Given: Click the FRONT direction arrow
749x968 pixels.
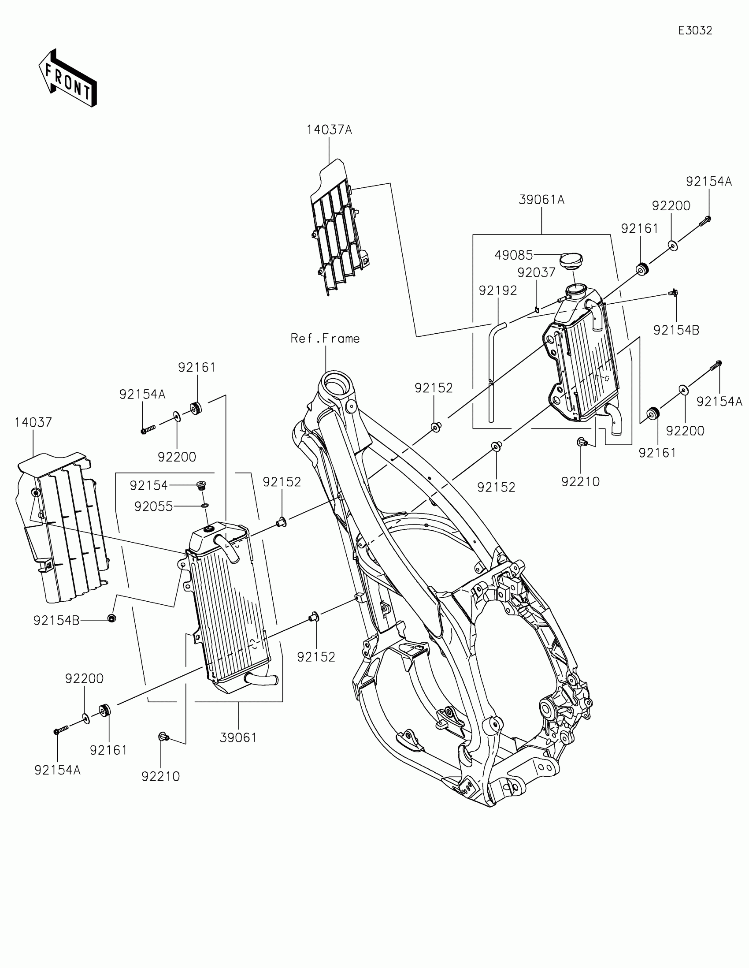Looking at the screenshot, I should pyautogui.click(x=67, y=78).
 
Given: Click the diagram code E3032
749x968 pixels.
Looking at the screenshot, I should pyautogui.click(x=695, y=30).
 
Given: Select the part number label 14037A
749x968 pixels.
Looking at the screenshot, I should pyautogui.click(x=329, y=130).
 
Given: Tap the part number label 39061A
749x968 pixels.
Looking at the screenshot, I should pyautogui.click(x=541, y=200).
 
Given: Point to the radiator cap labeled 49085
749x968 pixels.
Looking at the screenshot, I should pyautogui.click(x=571, y=260).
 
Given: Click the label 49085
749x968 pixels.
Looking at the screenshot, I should pyautogui.click(x=513, y=255).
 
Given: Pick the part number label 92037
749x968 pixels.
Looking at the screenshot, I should pyautogui.click(x=536, y=272).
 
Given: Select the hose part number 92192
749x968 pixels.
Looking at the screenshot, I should pyautogui.click(x=498, y=290).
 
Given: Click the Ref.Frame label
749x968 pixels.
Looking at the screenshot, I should pyautogui.click(x=325, y=339).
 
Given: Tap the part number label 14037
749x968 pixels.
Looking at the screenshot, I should pyautogui.click(x=33, y=422).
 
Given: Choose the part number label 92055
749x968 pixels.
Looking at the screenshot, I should pyautogui.click(x=153, y=506).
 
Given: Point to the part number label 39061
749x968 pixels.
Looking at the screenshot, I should pyautogui.click(x=238, y=737).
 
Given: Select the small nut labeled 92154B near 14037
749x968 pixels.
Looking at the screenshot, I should pyautogui.click(x=112, y=618).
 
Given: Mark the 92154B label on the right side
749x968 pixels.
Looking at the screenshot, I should pyautogui.click(x=676, y=330).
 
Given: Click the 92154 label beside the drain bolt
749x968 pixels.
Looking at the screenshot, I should pyautogui.click(x=148, y=486).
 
